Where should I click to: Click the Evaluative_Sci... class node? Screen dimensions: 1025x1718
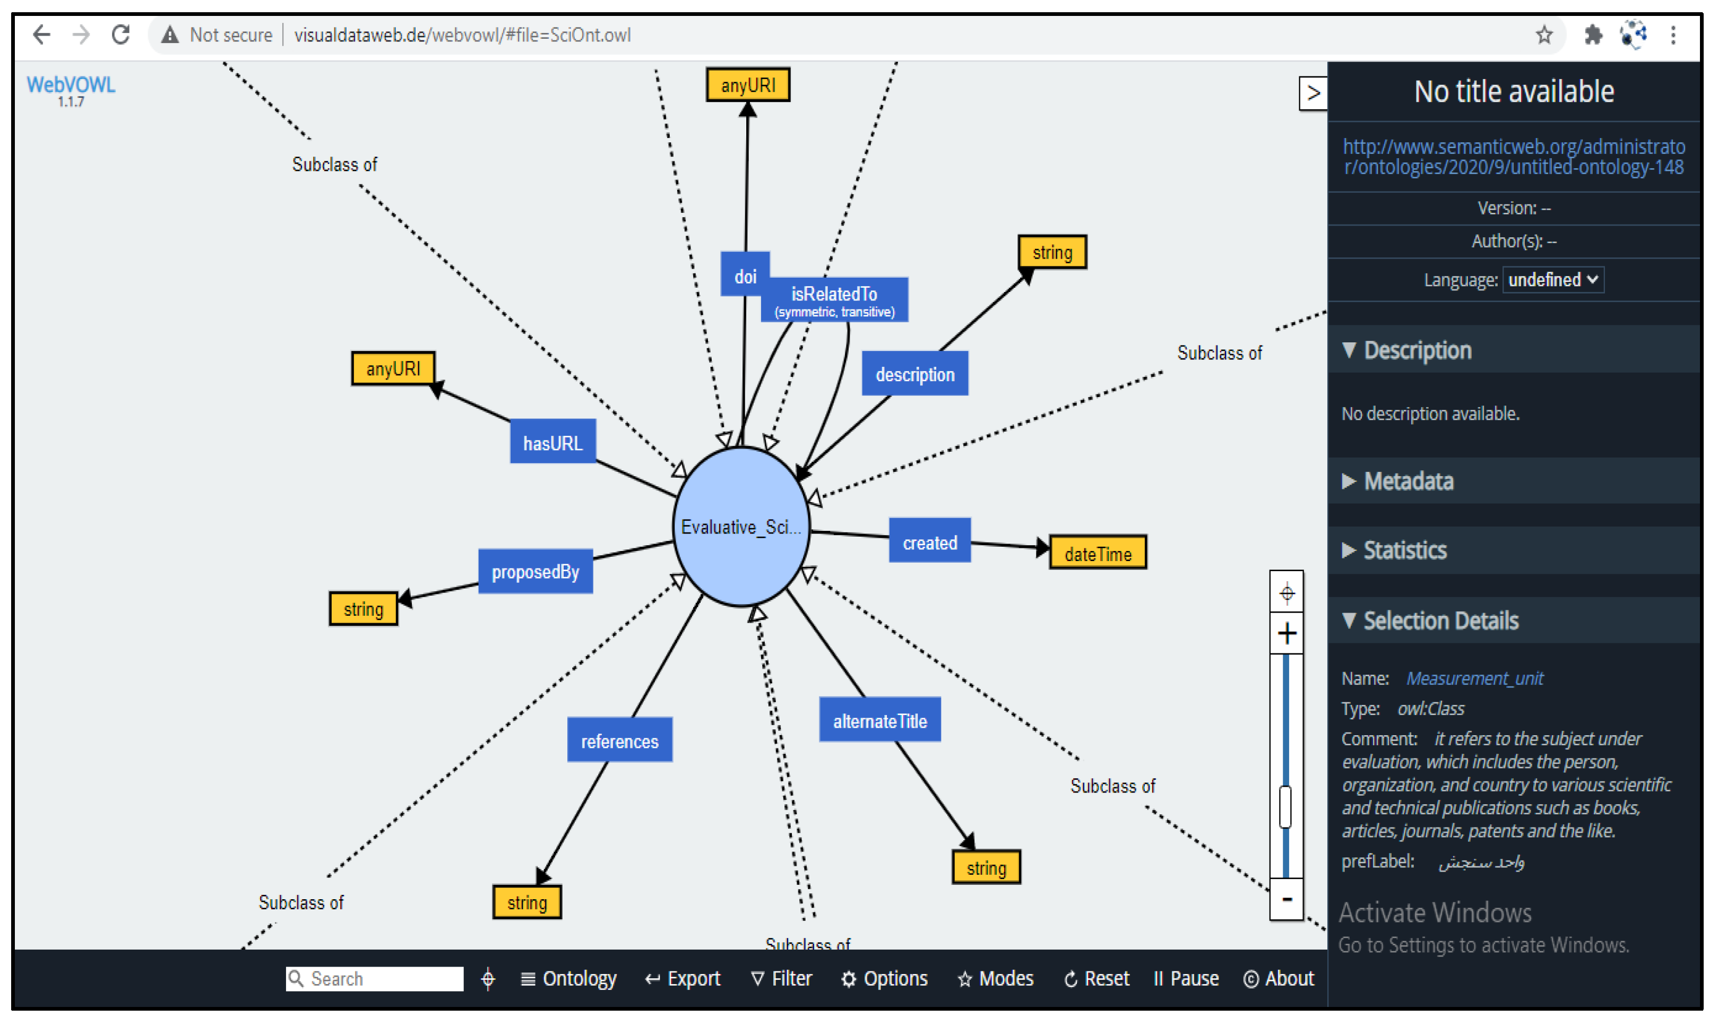coord(741,527)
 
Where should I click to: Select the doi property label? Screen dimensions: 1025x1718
coord(745,276)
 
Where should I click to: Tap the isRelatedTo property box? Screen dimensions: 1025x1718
coord(834,300)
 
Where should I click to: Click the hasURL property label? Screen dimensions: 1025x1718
coord(552,443)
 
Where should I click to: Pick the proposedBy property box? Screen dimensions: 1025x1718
coord(535,572)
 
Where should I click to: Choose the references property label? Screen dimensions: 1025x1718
coord(619,741)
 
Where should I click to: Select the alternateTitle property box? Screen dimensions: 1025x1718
coord(880,721)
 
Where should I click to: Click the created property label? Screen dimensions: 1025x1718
coord(929,543)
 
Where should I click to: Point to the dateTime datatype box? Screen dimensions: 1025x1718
coord(1097,553)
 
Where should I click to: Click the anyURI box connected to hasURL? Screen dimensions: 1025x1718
coord(393,369)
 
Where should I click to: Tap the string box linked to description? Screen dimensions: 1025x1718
coord(1051,253)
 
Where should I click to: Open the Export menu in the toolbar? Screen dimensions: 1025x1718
coord(683,979)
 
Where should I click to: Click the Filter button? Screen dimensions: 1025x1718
coord(782,979)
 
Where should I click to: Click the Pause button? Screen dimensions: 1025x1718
coord(1186,979)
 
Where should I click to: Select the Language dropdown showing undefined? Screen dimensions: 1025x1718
coord(1552,280)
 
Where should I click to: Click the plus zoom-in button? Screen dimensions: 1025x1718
coord(1287,633)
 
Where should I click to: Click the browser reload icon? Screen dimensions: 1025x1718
coord(121,35)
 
